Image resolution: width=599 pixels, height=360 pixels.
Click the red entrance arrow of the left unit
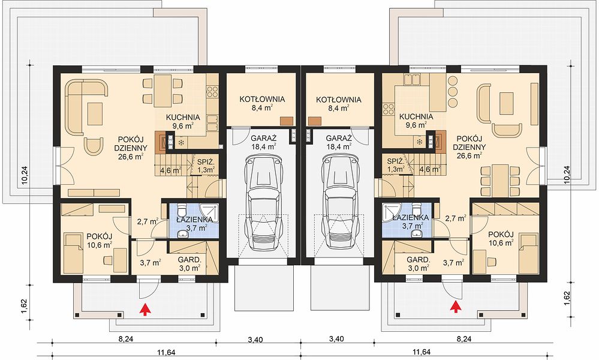(x=145, y=309)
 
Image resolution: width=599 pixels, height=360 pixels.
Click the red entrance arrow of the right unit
(x=454, y=307)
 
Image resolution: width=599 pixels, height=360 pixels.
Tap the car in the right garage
(x=338, y=202)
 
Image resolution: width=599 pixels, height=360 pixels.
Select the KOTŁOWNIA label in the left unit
(x=262, y=100)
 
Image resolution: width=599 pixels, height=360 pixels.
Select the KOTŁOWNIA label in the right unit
(x=338, y=100)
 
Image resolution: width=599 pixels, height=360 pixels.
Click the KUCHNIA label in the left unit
(x=183, y=118)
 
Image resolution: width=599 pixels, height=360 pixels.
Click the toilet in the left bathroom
(x=182, y=209)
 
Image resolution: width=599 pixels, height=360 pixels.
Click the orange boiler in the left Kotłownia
(x=287, y=121)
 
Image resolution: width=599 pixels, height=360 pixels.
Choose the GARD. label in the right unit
(x=419, y=259)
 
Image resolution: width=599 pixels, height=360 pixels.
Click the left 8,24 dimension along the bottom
(x=125, y=338)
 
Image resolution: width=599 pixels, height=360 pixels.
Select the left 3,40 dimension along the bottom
(x=255, y=339)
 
